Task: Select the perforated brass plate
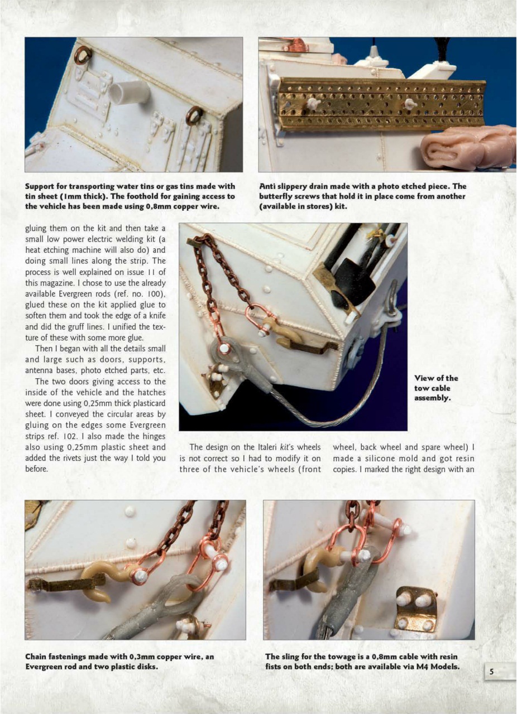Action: [x=382, y=103]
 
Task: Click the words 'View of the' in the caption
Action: [x=436, y=378]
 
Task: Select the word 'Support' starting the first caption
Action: [x=41, y=186]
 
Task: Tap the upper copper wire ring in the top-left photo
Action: [x=83, y=55]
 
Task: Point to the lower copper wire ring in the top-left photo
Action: [x=194, y=115]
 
